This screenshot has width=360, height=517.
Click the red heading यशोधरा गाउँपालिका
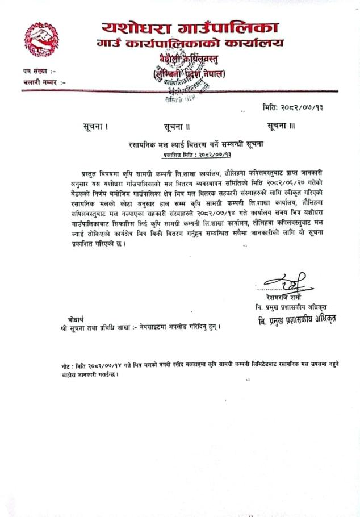tap(191, 27)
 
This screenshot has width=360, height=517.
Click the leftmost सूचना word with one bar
tap(94, 126)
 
